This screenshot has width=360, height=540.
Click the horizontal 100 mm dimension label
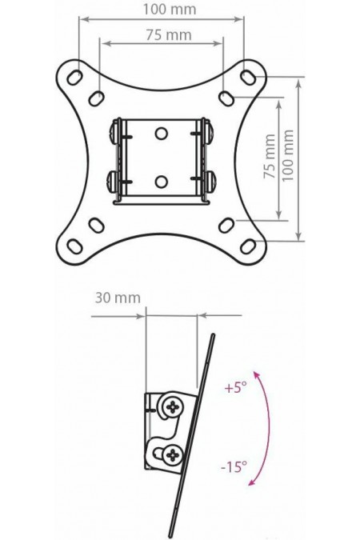point(170,10)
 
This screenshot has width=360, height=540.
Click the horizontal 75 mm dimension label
point(169,34)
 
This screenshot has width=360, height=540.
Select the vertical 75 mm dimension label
point(270,156)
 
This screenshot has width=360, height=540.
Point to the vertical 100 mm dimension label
point(288,155)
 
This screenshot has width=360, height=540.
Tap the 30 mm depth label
point(118,298)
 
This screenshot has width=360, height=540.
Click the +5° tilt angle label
point(236,388)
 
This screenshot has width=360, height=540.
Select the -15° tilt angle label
point(234,466)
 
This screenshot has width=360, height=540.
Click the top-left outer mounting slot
point(74,78)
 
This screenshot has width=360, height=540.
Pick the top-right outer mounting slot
point(248,77)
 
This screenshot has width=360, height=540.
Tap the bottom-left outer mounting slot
point(74,246)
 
